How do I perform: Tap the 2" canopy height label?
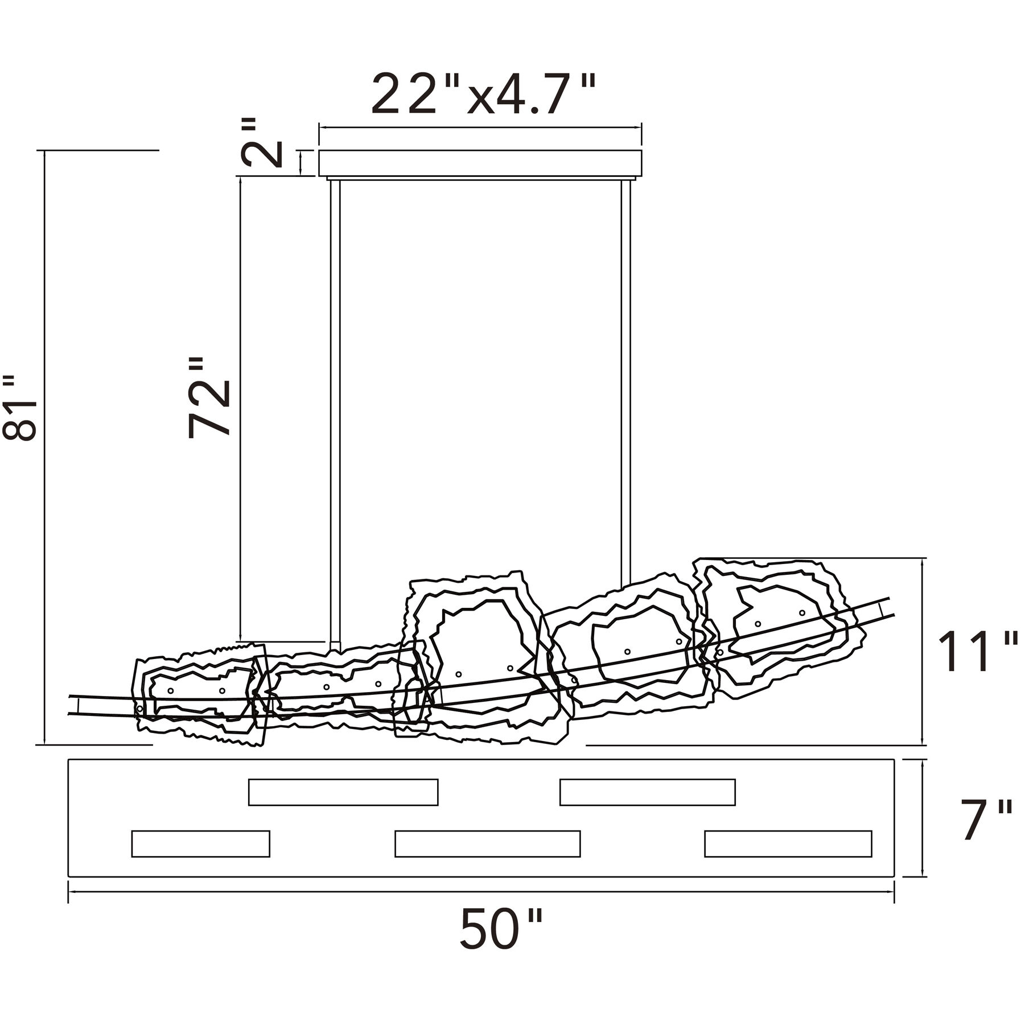coord(262,142)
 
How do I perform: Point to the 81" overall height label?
coord(20,407)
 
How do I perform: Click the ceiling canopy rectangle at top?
coord(480,163)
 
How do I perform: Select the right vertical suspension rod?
coord(626,384)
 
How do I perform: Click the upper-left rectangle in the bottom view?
coord(343,792)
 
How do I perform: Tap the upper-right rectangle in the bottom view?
coord(647,792)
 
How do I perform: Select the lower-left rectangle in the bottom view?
coord(200,843)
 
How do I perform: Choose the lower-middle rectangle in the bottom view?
coord(487,843)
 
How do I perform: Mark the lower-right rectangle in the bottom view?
coord(788,843)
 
